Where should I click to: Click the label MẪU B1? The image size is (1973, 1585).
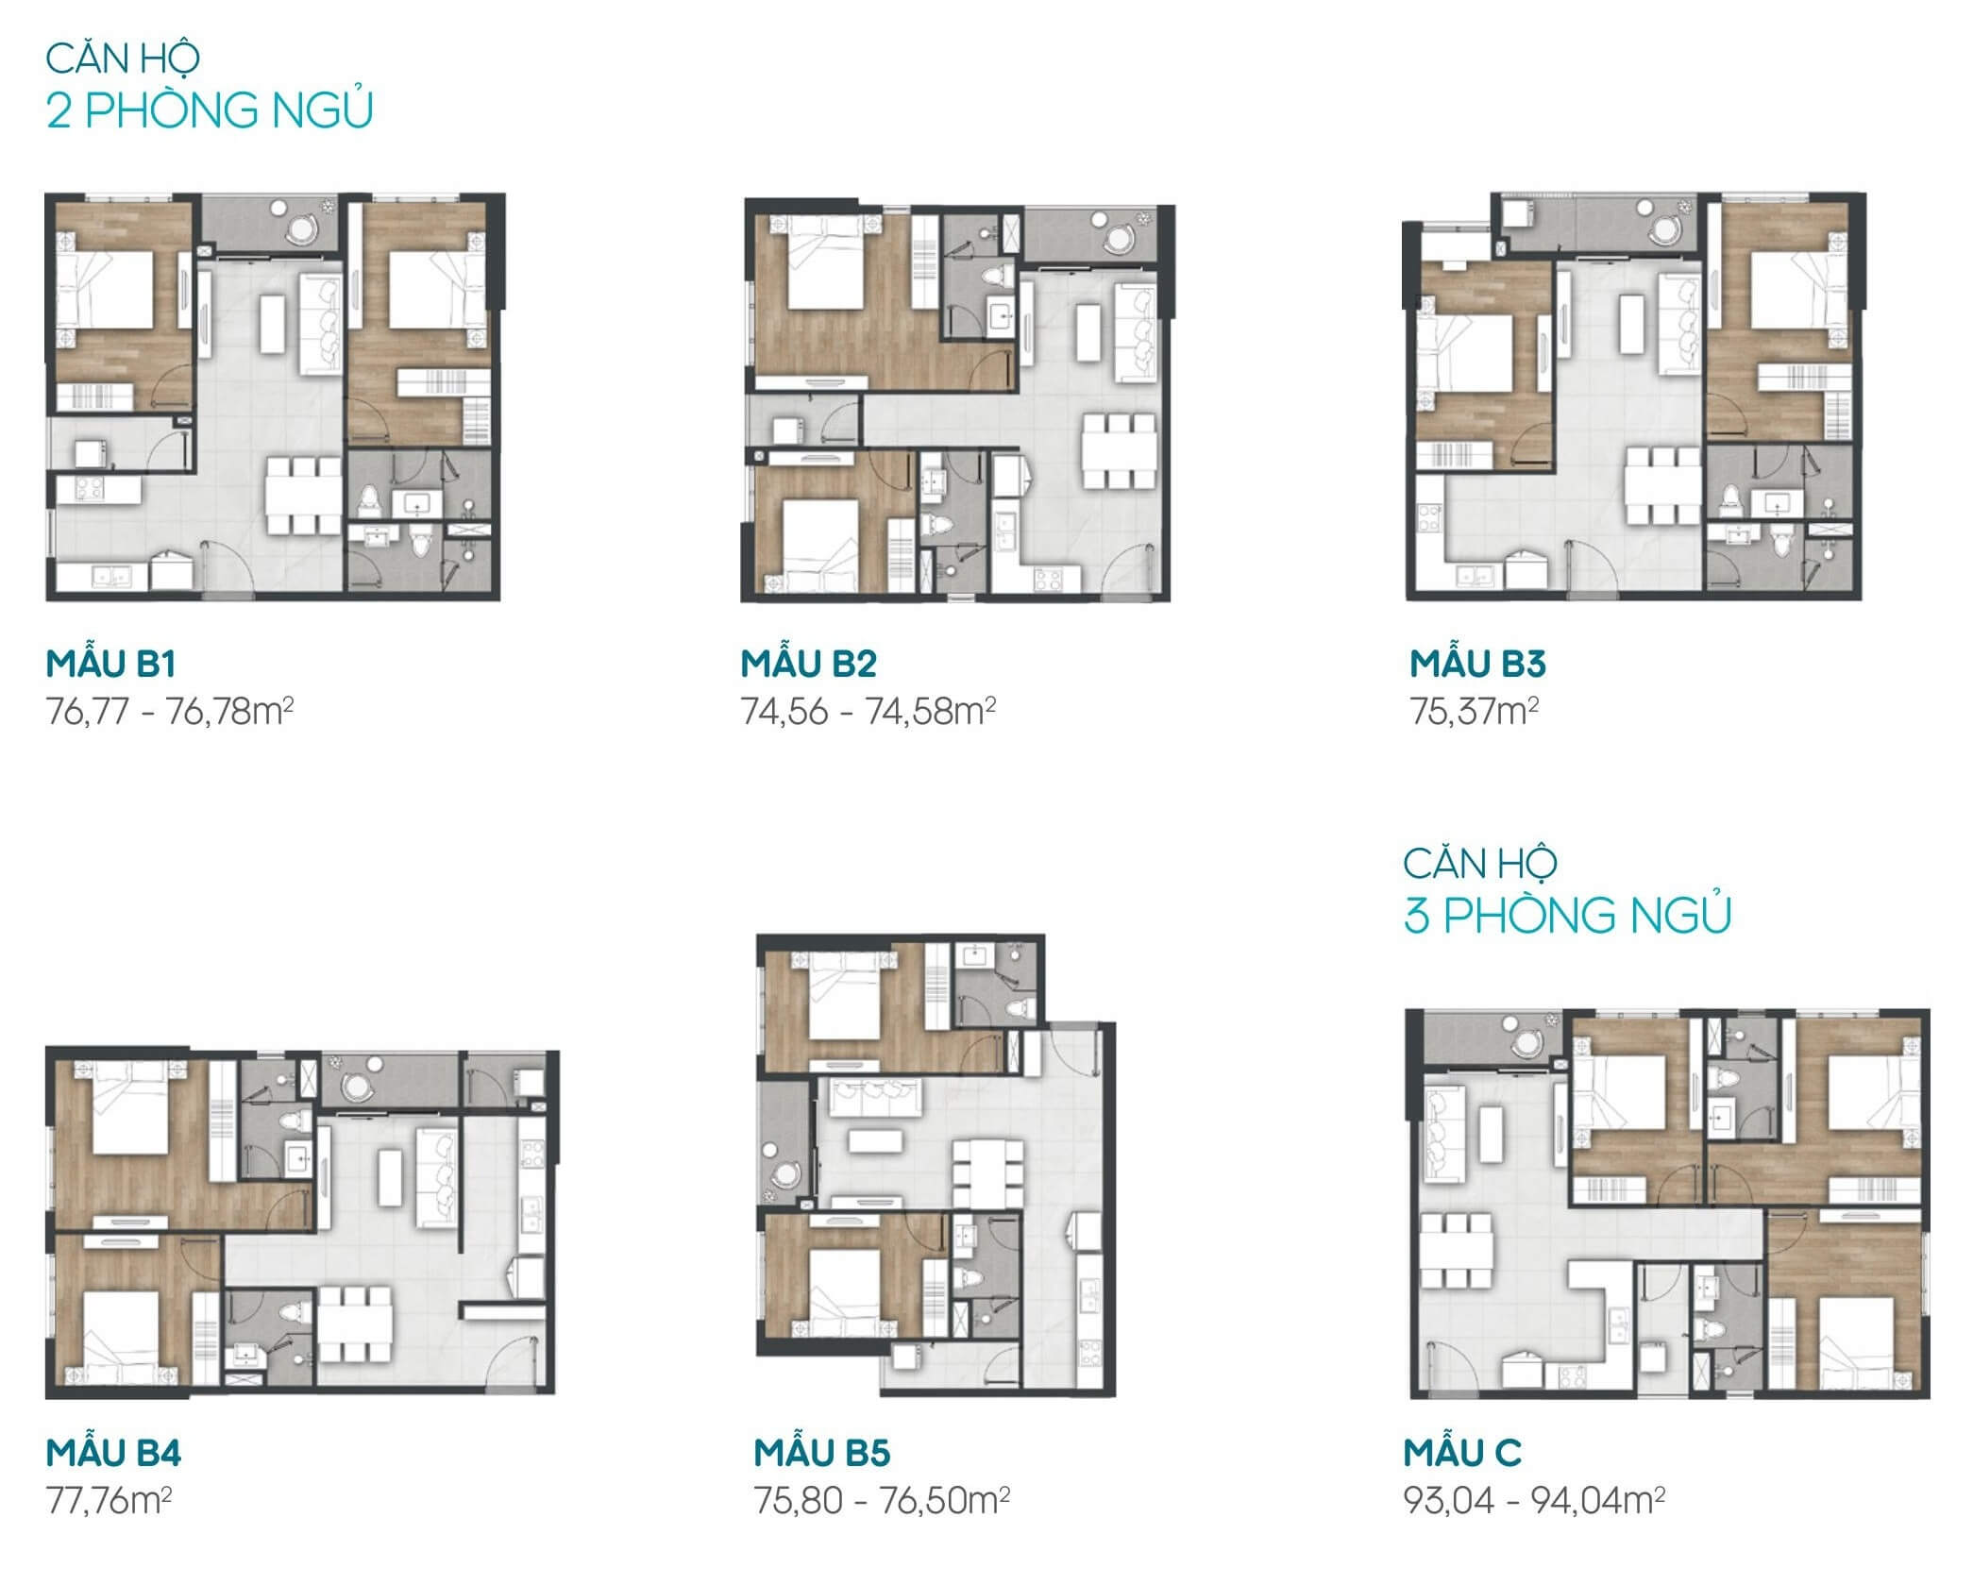click(x=110, y=665)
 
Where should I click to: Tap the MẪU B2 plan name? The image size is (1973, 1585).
click(x=809, y=665)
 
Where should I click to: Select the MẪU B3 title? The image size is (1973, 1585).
click(x=1477, y=665)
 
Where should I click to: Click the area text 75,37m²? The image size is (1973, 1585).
click(x=1474, y=711)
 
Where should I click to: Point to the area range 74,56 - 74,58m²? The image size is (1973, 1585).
click(x=868, y=711)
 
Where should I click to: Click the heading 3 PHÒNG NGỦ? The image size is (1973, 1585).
click(x=1567, y=916)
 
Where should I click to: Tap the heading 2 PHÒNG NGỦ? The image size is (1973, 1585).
click(x=210, y=110)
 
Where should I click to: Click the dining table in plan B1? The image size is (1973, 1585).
click(x=303, y=497)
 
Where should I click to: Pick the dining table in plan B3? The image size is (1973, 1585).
click(x=1662, y=486)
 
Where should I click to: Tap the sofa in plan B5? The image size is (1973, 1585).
click(x=876, y=1097)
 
